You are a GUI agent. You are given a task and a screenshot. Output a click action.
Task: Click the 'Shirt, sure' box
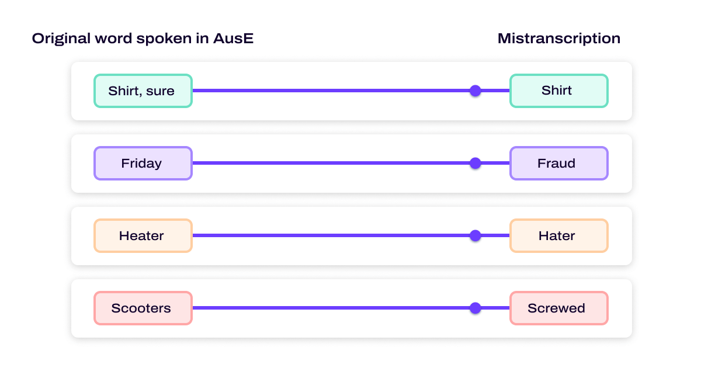point(143,91)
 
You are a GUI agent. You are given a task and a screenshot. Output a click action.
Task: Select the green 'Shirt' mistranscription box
point(558,91)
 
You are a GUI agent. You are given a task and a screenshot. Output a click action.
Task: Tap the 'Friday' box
point(143,163)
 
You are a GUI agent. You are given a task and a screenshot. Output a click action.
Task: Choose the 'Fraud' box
point(558,163)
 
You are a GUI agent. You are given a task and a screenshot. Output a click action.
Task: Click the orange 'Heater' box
point(143,235)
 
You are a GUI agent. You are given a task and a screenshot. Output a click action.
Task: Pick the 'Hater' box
point(558,235)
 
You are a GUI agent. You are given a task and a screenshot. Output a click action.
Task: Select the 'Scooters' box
point(143,308)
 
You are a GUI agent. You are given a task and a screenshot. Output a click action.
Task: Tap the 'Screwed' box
point(558,308)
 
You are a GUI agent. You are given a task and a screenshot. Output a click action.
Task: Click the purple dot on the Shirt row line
point(476,91)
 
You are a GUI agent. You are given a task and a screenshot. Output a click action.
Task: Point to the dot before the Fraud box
point(476,163)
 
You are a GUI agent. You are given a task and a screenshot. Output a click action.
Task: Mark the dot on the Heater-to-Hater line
point(476,235)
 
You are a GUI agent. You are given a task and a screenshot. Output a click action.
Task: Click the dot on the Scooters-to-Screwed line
point(476,308)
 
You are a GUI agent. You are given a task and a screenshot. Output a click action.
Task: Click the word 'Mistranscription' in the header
point(558,39)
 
